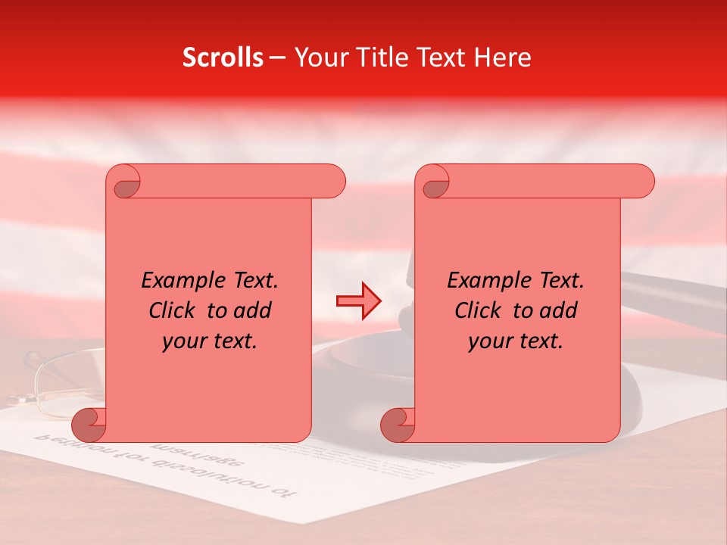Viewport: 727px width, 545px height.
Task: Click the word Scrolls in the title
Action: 223,58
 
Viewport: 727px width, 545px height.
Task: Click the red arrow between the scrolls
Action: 359,301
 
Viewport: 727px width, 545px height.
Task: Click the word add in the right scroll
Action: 557,310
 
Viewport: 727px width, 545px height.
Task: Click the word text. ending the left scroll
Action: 232,341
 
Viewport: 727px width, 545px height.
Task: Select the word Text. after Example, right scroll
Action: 558,281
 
